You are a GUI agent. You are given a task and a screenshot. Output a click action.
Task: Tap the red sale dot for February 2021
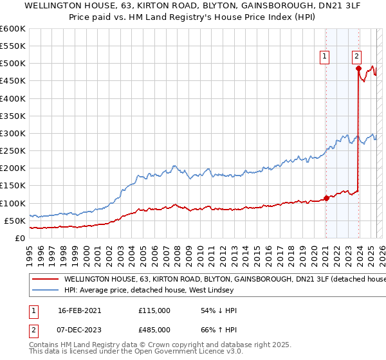pos(326,197)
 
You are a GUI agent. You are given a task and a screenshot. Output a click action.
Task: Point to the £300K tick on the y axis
pos(14,134)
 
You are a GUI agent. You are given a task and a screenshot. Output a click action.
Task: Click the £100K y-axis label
pos(14,203)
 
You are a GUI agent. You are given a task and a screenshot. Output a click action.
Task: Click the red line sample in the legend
pos(46,280)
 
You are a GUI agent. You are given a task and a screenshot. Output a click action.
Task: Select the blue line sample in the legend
pos(46,291)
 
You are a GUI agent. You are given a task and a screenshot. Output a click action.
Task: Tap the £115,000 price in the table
pos(154,310)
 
